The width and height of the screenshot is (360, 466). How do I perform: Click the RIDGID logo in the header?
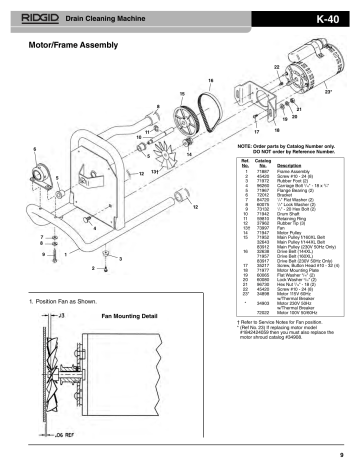tap(38, 18)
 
